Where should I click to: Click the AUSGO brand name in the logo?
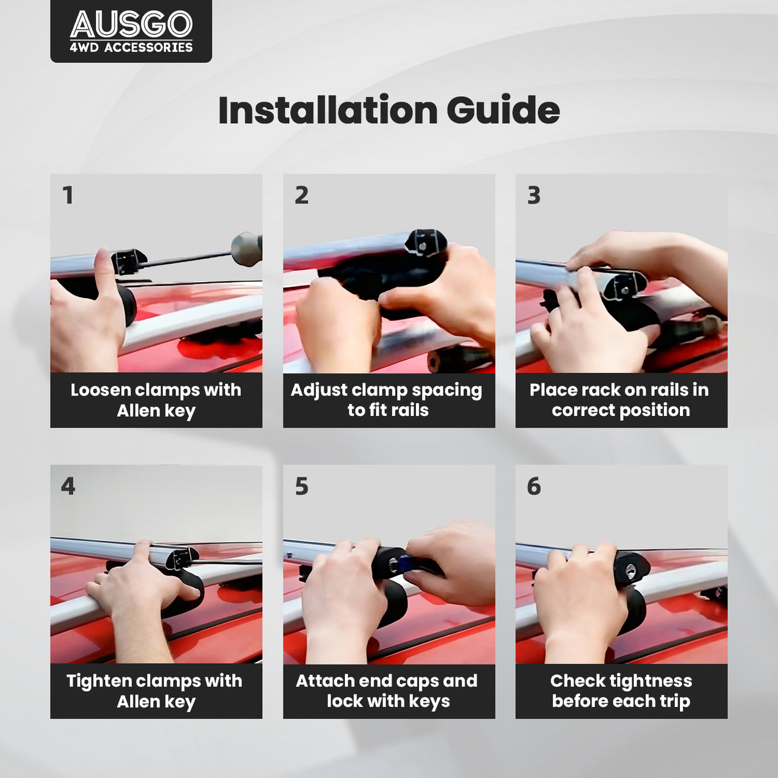(x=131, y=24)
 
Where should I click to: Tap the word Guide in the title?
(x=503, y=110)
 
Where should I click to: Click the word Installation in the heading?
(x=328, y=110)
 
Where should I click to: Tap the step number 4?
(x=68, y=486)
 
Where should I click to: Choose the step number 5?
(x=302, y=486)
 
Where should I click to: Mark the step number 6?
(x=534, y=486)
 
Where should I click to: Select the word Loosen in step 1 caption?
(x=100, y=390)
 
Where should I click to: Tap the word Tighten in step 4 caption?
(x=98, y=681)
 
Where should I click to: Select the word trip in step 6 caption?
(x=675, y=702)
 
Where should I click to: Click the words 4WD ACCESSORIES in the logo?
(x=131, y=47)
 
